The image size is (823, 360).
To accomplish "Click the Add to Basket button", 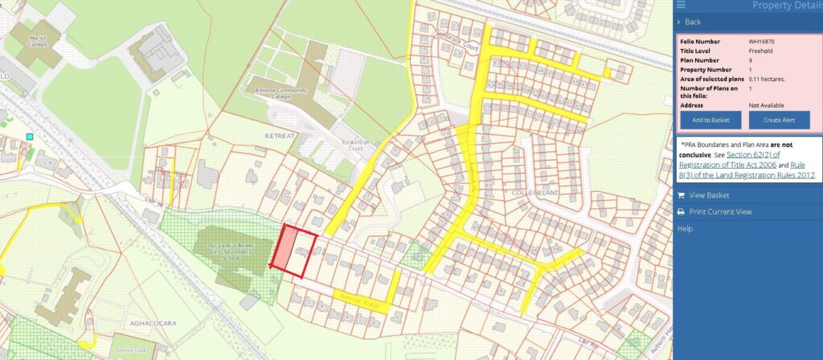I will [x=710, y=120].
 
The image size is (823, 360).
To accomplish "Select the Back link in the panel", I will [x=692, y=22].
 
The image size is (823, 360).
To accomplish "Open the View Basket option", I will [x=708, y=195].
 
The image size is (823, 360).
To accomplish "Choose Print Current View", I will [x=720, y=212].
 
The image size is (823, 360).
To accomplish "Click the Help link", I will [x=684, y=229].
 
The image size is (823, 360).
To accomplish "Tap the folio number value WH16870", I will [x=761, y=41].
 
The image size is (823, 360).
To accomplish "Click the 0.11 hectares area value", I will [x=766, y=79].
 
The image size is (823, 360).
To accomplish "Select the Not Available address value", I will [x=766, y=105].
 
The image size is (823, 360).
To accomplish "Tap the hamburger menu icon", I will [x=682, y=5].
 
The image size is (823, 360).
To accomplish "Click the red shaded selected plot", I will [x=285, y=244].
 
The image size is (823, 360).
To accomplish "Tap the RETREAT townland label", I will [x=280, y=136].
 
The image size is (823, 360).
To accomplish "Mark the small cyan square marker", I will [x=30, y=137].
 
